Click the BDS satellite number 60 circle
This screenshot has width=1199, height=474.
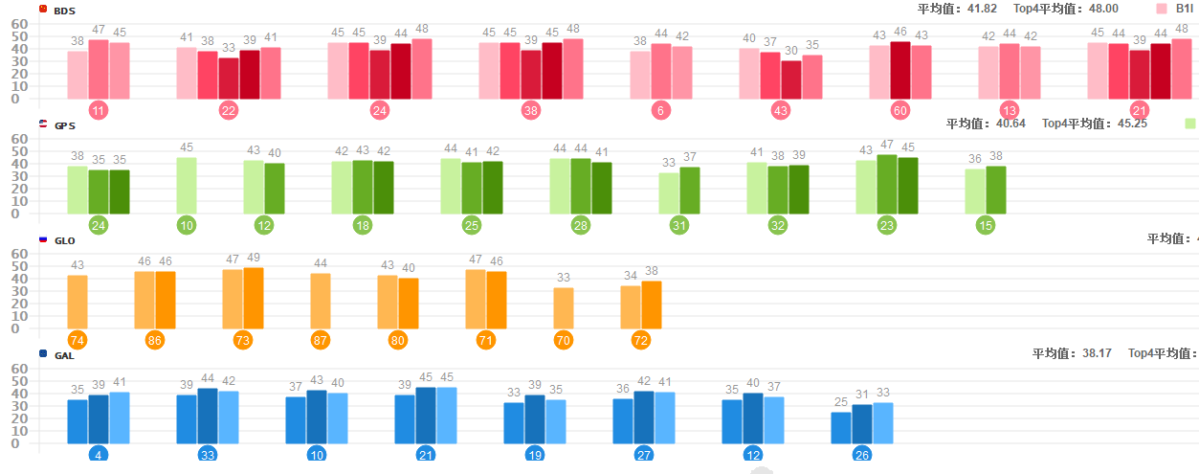(899, 110)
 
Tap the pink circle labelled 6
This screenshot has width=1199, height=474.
(660, 110)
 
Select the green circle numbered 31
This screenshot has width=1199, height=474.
(679, 225)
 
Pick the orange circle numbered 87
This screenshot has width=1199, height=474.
(321, 340)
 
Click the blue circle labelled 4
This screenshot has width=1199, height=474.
(99, 455)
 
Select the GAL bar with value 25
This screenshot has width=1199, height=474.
(841, 427)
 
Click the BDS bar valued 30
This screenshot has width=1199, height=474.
(791, 79)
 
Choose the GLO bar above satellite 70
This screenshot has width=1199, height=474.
(564, 307)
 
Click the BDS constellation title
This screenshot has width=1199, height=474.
(64, 11)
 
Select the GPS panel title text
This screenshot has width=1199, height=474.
(64, 125)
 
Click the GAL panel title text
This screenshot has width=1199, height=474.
(64, 355)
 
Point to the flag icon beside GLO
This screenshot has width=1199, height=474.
(43, 239)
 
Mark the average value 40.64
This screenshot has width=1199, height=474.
(1007, 124)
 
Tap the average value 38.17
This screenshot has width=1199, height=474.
(1093, 353)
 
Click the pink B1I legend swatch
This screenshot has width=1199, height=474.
(1162, 9)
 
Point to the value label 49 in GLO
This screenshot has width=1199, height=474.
(254, 258)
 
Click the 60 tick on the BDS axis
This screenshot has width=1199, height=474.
(20, 23)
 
